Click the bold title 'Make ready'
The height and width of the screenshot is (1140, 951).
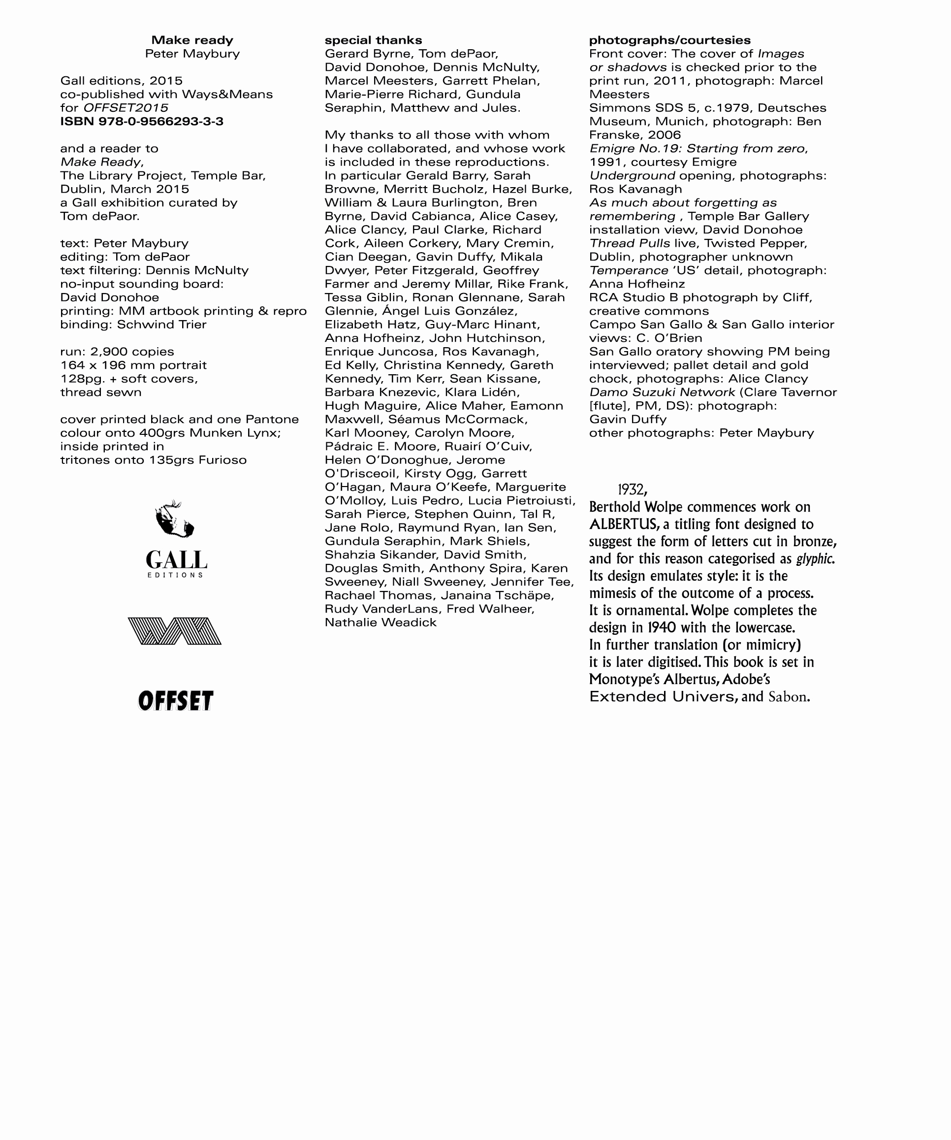[192, 40]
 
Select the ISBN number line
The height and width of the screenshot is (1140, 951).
[142, 121]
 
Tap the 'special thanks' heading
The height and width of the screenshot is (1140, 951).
[373, 40]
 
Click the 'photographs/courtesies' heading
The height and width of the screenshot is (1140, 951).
[669, 40]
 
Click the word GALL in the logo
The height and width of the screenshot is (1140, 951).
[176, 560]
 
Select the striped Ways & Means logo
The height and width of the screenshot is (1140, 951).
[175, 631]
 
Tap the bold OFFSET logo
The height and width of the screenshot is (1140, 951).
[175, 700]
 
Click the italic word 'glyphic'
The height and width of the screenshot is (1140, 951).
[815, 558]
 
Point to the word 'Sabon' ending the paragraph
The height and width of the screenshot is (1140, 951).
[788, 697]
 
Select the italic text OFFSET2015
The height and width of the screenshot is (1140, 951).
[126, 107]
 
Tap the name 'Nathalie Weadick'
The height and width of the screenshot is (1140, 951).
[380, 622]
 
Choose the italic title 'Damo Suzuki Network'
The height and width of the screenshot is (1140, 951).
[662, 392]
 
